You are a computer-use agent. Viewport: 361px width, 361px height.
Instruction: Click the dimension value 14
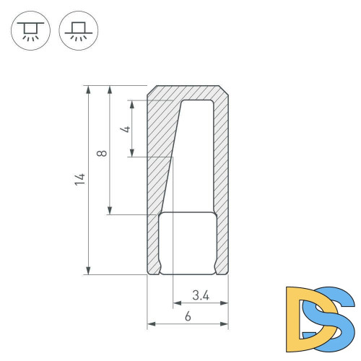click(80, 179)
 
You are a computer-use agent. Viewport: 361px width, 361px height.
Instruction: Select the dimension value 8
click(102, 153)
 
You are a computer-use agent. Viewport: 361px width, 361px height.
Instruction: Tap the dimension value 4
click(125, 129)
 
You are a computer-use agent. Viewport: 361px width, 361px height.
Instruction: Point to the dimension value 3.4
click(201, 295)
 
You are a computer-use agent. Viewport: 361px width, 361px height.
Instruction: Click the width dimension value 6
click(188, 316)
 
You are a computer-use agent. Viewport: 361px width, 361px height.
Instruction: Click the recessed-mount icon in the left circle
click(30, 30)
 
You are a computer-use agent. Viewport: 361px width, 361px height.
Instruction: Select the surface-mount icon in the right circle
click(79, 30)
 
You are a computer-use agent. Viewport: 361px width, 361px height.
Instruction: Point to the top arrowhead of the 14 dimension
click(88, 90)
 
